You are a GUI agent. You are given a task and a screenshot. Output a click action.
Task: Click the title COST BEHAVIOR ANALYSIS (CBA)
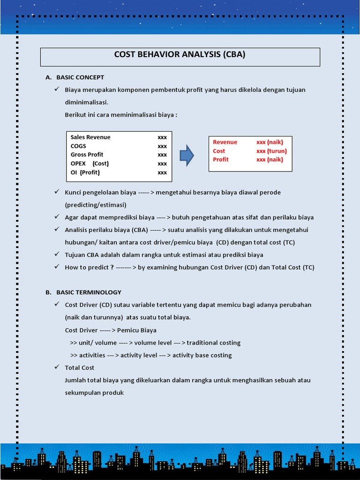coord(180,54)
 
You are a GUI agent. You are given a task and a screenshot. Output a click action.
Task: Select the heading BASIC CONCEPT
coord(80,77)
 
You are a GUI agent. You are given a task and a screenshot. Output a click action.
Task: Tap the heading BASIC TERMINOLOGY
coord(89,292)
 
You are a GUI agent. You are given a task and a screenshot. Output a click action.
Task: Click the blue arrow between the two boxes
coord(187,155)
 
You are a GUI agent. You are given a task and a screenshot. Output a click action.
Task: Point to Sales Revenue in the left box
coord(90,137)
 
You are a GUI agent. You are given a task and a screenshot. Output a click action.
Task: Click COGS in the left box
coord(78,146)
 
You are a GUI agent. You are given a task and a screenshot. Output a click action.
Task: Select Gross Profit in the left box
coord(87,155)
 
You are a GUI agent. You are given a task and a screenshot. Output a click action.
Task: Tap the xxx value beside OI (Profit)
coord(162,172)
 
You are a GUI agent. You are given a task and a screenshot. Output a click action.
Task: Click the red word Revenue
coord(225,142)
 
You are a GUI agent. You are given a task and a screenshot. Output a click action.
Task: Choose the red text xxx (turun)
coord(271,151)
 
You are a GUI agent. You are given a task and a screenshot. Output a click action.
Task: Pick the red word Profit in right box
coord(221,159)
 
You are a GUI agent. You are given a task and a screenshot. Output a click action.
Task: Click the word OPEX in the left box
coord(78,164)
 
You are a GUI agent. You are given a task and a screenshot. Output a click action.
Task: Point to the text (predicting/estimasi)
coord(96,205)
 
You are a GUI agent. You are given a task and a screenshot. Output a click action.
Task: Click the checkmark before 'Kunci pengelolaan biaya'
coord(57,192)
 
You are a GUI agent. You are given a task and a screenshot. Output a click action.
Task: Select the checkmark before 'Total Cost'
coord(57,367)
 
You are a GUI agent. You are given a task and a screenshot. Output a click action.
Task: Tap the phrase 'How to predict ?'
coord(90,267)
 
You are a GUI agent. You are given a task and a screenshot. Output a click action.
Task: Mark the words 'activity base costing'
coord(202,355)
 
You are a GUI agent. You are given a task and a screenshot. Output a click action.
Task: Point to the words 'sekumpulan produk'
coord(94,393)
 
